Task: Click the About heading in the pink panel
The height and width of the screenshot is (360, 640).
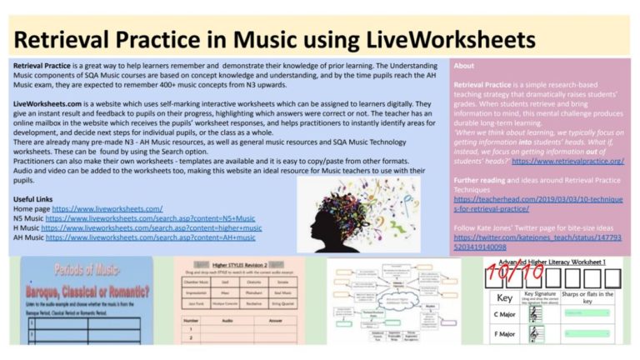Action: [464, 66]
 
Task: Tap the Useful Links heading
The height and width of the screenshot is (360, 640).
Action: [35, 198]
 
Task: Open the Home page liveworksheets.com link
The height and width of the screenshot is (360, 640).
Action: [107, 208]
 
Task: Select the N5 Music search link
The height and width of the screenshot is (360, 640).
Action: [150, 218]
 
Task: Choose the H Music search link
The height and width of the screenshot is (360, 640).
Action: [151, 227]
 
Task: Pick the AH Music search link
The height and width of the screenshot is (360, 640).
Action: [151, 237]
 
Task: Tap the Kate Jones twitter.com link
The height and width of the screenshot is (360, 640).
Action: [537, 242]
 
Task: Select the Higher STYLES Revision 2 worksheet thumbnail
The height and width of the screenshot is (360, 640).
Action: [242, 301]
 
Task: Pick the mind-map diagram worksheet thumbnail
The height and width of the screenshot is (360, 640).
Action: [392, 301]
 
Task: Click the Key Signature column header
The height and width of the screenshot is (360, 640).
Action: [539, 294]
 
